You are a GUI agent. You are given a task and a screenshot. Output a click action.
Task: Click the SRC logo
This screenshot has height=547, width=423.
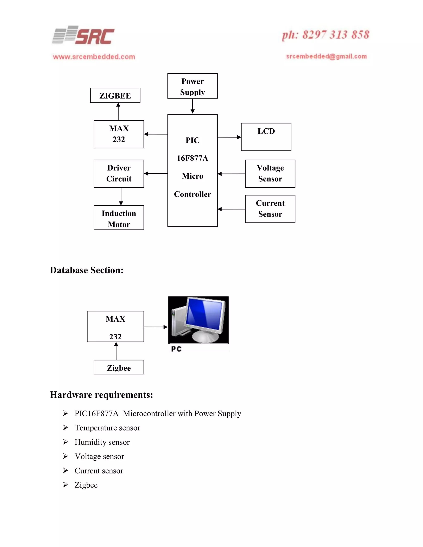[x=83, y=36]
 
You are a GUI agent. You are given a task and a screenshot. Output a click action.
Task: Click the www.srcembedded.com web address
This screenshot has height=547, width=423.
[x=94, y=57]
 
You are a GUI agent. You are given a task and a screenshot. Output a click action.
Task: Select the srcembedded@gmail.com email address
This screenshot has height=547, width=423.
[x=326, y=56]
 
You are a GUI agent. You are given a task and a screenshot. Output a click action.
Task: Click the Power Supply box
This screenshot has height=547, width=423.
[x=192, y=86]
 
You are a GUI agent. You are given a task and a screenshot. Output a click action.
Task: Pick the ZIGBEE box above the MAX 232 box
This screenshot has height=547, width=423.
[x=115, y=95]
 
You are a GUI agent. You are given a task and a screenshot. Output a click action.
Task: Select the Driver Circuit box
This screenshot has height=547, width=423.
[x=119, y=174]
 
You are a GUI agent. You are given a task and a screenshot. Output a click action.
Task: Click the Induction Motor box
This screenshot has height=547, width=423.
[x=119, y=218]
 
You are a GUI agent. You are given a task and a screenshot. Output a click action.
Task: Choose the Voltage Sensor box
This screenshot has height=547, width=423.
[x=270, y=174]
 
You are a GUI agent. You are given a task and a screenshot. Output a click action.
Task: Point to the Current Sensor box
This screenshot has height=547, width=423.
[x=270, y=209]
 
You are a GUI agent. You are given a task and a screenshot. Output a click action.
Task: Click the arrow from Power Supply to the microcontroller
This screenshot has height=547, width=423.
[x=192, y=107]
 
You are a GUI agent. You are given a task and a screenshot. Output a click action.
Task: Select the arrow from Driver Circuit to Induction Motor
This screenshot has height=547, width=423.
[x=121, y=196]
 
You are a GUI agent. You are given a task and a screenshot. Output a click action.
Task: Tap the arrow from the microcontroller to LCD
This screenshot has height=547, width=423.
[x=229, y=137]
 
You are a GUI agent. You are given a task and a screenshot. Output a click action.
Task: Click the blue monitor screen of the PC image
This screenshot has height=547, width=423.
[x=204, y=314]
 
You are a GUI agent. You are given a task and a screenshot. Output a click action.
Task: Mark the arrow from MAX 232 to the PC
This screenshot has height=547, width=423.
[x=155, y=327]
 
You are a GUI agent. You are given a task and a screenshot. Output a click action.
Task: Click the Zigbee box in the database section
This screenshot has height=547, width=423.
[x=119, y=367]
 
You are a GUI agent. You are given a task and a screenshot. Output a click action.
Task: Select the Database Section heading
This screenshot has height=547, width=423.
[x=87, y=270]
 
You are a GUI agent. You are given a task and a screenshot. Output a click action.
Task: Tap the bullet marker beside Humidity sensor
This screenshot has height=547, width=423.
[x=65, y=442]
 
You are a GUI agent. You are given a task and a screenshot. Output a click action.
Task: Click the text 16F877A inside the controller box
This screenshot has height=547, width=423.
[x=192, y=158]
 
